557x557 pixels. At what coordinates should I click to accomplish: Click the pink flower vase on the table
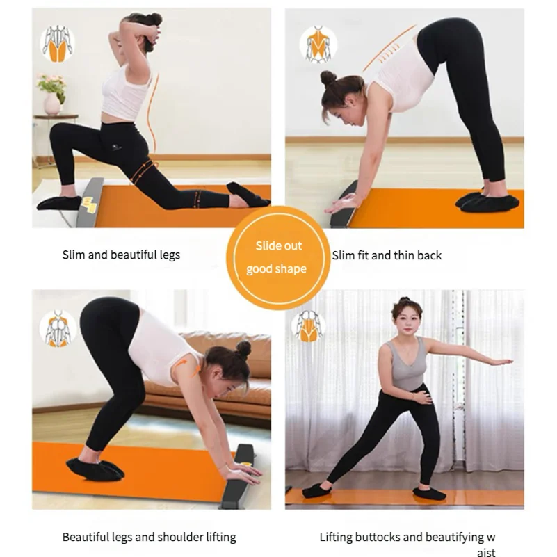pos(52,104)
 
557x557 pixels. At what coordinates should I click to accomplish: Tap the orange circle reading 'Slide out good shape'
pos(278,257)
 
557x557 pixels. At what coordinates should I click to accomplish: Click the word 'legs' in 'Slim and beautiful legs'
pos(170,255)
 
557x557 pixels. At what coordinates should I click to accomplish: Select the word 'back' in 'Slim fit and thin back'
pos(430,255)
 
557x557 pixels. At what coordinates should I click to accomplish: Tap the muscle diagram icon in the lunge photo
pos(57,44)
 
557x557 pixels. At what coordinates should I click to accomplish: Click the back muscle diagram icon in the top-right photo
pos(318,45)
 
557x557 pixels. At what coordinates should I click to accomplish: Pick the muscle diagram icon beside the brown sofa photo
pos(58,328)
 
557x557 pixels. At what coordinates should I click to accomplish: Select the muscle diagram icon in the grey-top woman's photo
pos(308,325)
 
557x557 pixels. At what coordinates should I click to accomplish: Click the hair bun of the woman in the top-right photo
pos(328,78)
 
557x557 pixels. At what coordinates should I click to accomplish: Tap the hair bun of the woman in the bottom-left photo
pos(243,350)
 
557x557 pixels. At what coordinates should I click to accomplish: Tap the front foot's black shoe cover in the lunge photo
pos(60,203)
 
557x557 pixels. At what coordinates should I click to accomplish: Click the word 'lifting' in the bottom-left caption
pos(221,538)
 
